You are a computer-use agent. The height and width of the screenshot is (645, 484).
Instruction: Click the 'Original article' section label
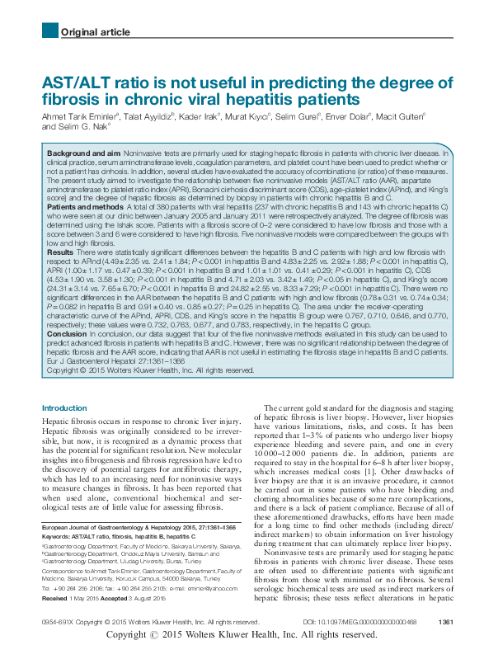point(95,32)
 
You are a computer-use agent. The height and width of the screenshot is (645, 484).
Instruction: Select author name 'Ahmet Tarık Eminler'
point(79,116)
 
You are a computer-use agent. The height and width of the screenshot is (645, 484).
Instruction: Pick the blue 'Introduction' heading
point(63,408)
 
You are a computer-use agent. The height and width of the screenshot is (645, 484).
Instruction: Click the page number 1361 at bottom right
point(446,621)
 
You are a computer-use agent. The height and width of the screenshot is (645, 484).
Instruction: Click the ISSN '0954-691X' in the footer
point(57,621)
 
